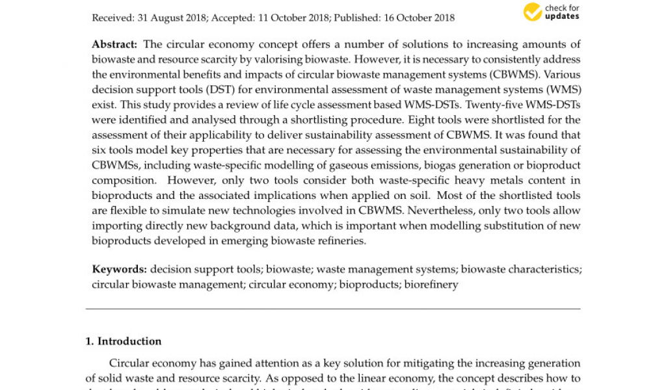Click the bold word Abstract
[114, 44]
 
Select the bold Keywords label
[119, 269]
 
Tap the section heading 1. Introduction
[124, 341]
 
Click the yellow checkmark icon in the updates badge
[533, 12]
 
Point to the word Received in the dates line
[113, 18]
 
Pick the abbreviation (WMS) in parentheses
[565, 90]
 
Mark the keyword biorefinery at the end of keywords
[432, 284]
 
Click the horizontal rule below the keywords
[333, 309]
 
